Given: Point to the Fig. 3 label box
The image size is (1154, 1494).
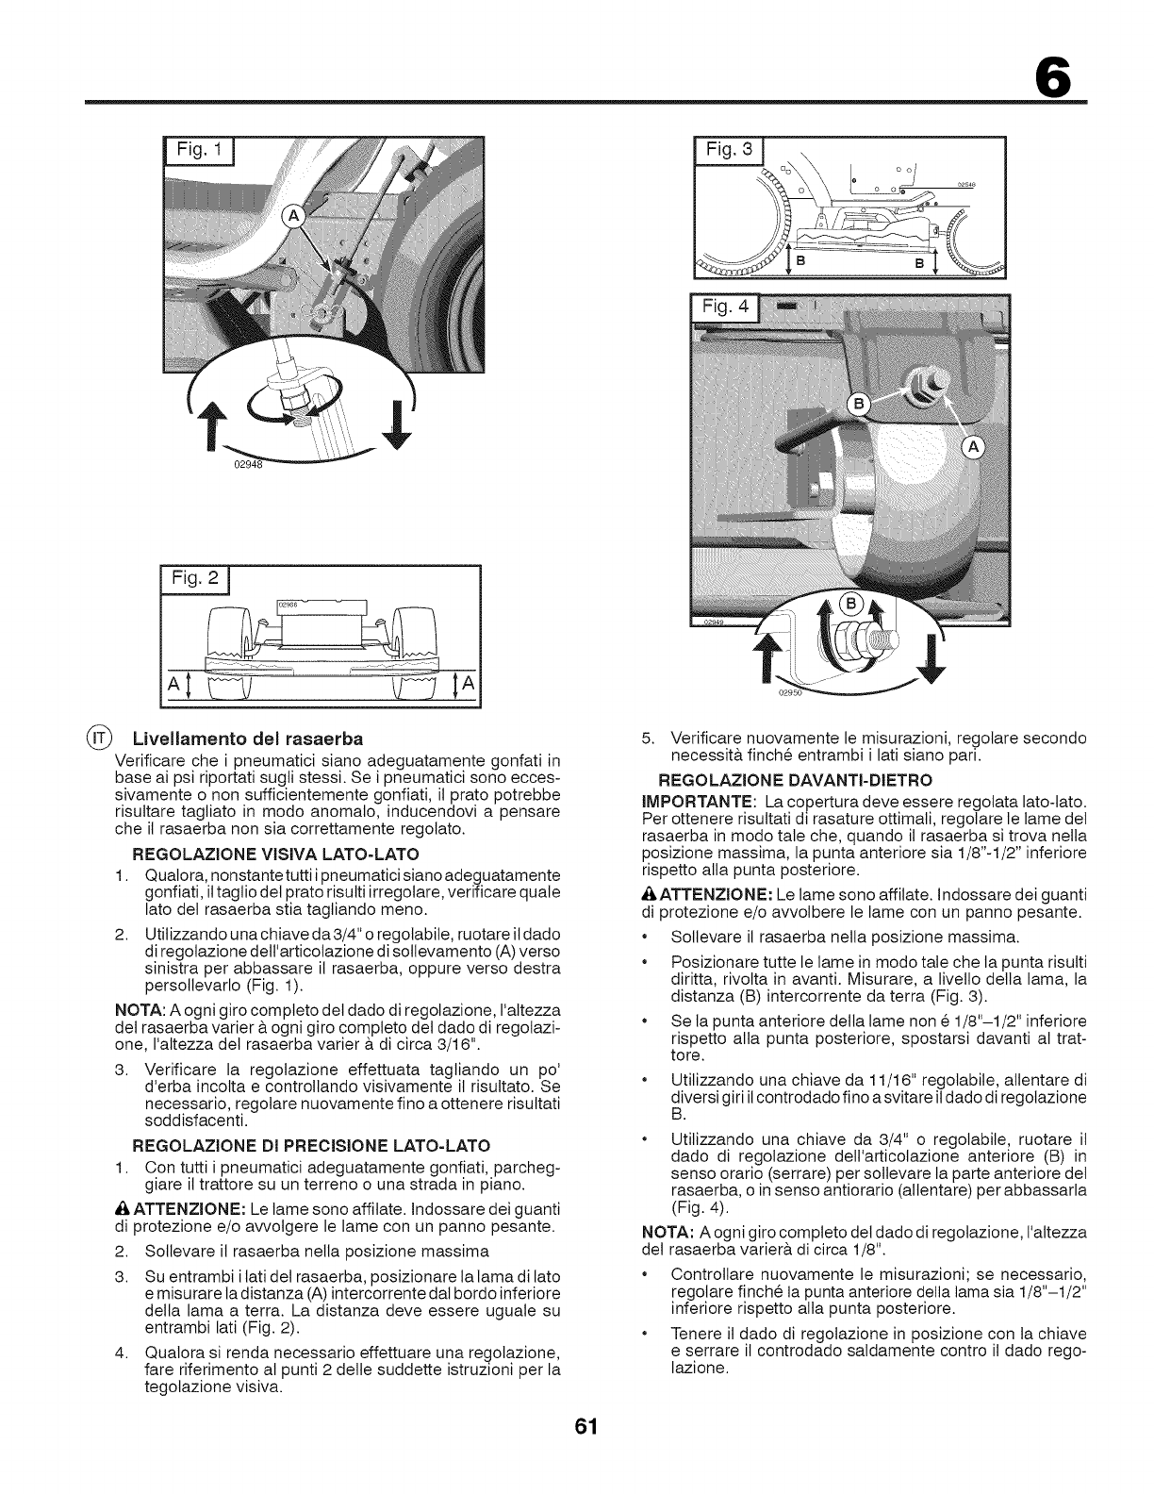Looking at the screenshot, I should coord(728,153).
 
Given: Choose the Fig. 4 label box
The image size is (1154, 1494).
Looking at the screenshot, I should coord(728,309).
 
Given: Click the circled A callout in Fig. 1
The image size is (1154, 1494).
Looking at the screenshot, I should coord(293,218).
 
